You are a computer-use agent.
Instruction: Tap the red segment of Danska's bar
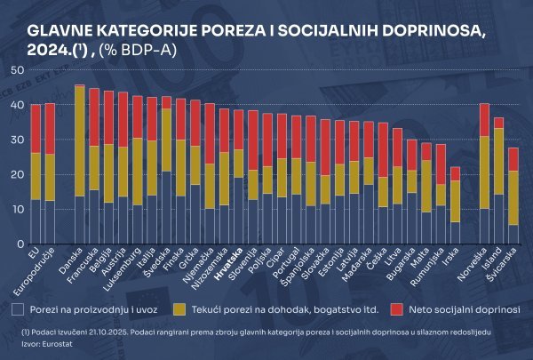(80, 86)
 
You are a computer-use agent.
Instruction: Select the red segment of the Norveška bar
(484, 120)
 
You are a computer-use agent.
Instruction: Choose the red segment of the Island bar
(499, 123)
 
